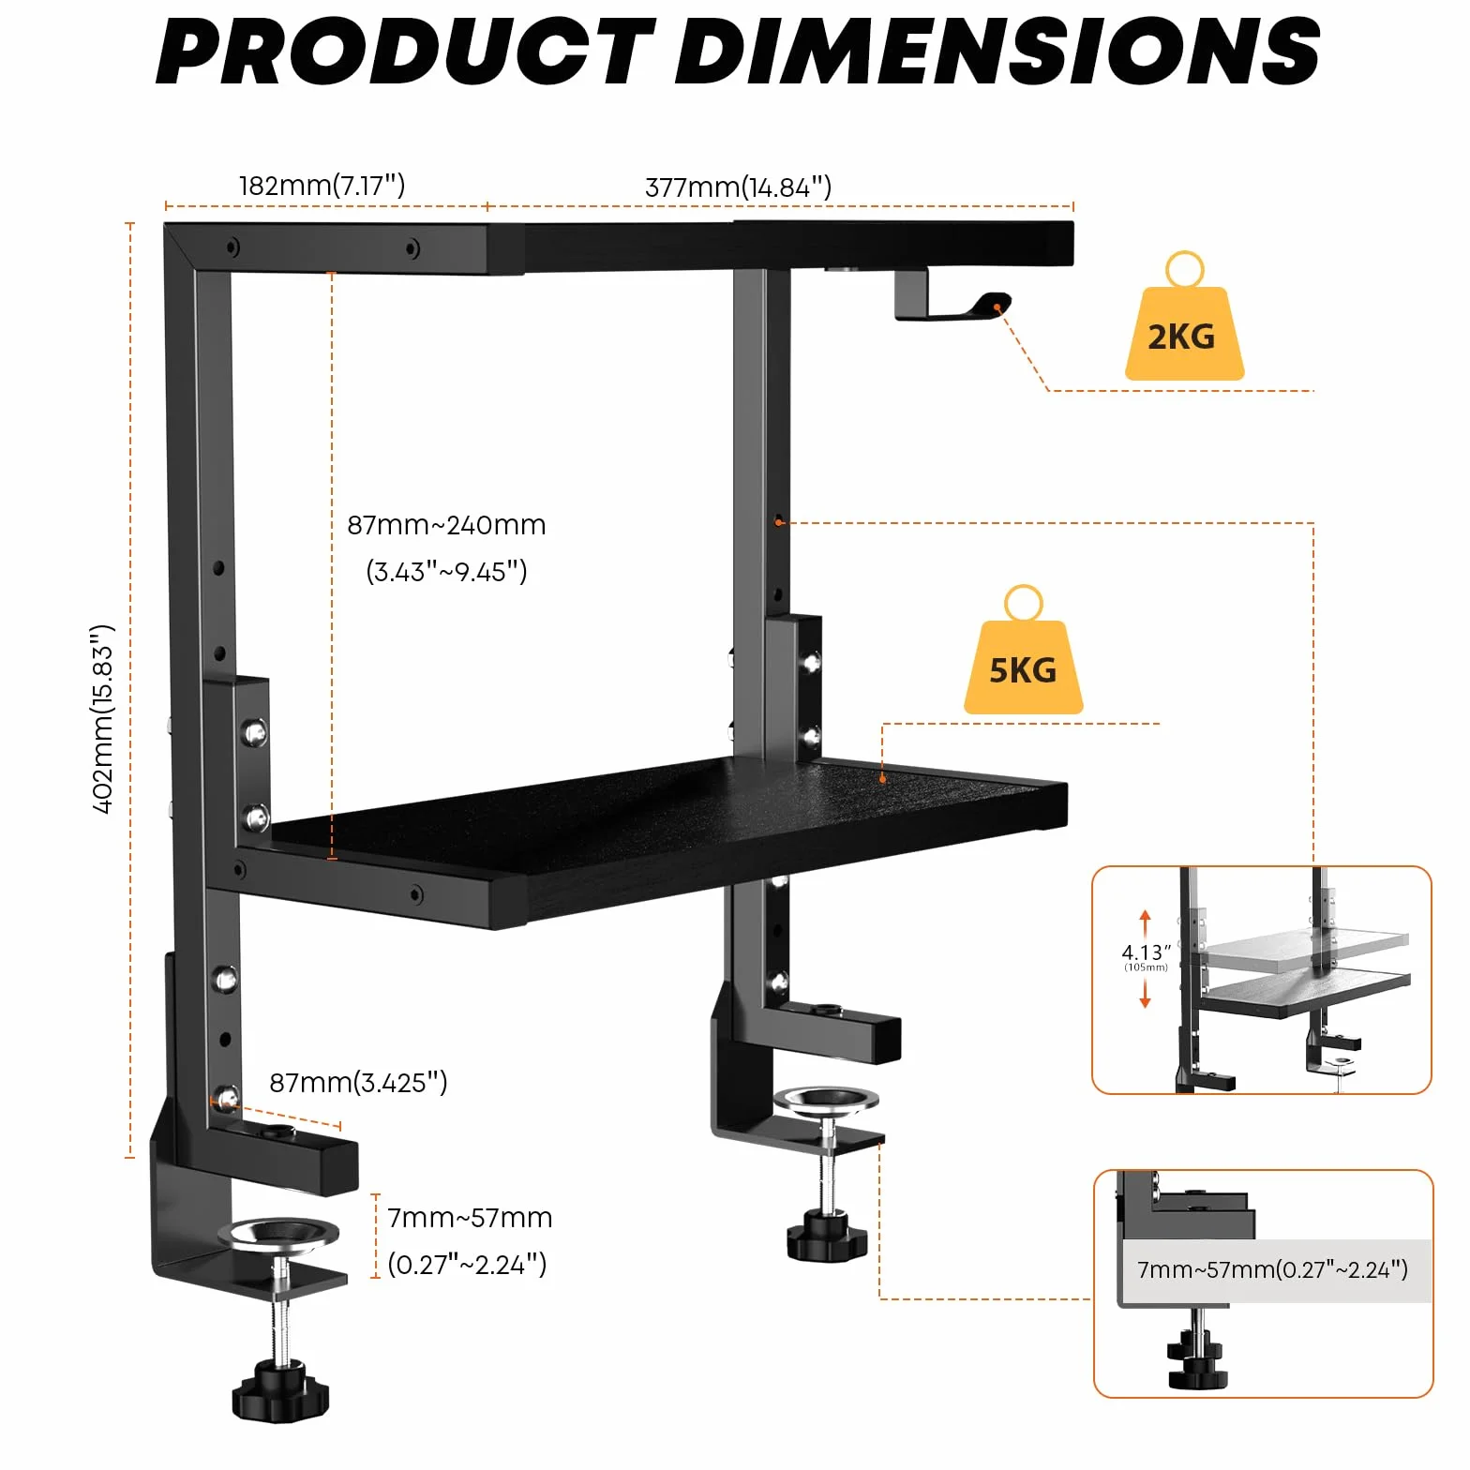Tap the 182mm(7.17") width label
322,186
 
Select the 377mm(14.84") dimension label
738,187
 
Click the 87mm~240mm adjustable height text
446,525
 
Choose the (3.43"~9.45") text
447,571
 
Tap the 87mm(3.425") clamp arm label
358,1083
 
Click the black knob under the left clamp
280,1390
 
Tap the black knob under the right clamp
832,1235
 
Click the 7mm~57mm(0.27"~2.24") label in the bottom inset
1272,1270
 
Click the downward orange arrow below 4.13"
1145,992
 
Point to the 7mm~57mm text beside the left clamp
470,1218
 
